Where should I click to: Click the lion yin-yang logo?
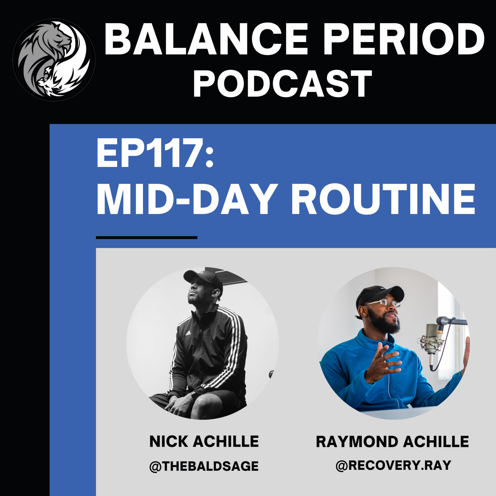(54, 60)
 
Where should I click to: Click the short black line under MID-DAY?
(147, 237)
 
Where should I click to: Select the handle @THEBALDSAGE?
(204, 466)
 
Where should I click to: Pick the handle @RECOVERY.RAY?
(393, 465)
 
